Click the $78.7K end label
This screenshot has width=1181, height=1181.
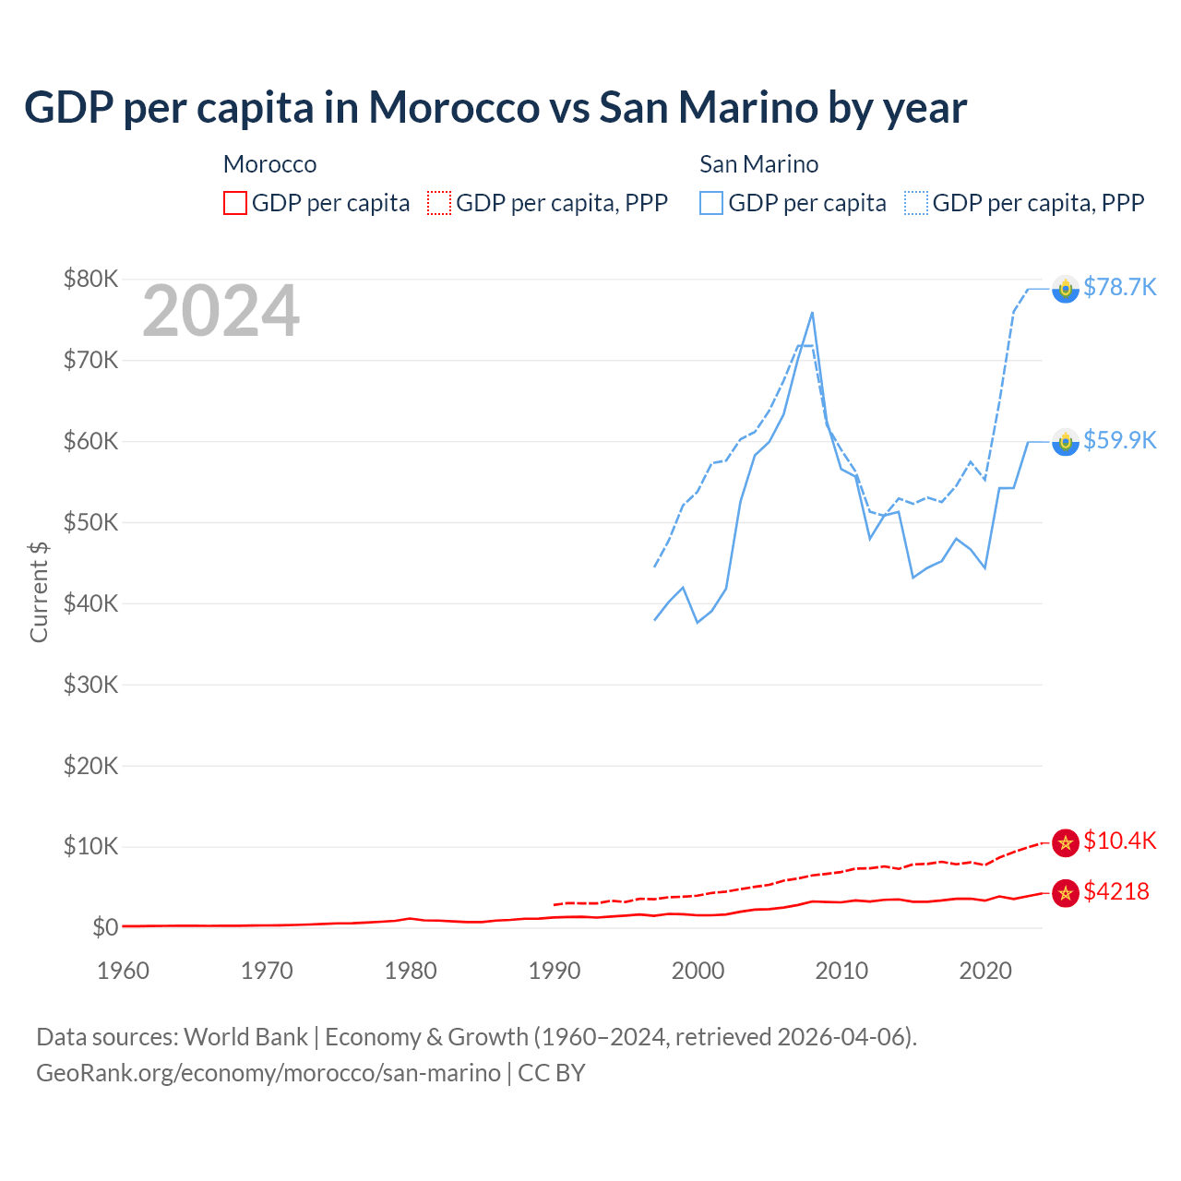(1119, 287)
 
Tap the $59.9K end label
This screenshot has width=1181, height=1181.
(1119, 440)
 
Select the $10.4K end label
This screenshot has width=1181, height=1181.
(1119, 841)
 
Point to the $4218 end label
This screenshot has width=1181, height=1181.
(1115, 891)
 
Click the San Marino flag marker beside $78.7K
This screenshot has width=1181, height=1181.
(1066, 290)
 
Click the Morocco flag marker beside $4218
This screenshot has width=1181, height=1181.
(1066, 893)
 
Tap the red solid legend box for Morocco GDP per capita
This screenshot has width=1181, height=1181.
(235, 203)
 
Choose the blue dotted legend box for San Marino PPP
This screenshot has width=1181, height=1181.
(916, 203)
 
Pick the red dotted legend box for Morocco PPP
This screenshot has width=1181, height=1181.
(439, 203)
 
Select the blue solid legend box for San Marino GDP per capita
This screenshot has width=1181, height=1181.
(711, 203)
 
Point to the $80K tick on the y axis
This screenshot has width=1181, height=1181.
(90, 279)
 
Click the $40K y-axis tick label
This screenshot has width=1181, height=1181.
(90, 603)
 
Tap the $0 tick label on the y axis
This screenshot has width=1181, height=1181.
(104, 927)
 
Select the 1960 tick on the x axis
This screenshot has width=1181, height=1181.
(123, 971)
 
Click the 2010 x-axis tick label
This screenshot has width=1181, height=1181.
(841, 971)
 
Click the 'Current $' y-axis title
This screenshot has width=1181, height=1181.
(39, 591)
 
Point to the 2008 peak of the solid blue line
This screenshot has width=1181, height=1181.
(812, 313)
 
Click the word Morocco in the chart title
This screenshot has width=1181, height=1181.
(454, 107)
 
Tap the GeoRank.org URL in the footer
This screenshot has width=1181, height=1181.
(268, 1073)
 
